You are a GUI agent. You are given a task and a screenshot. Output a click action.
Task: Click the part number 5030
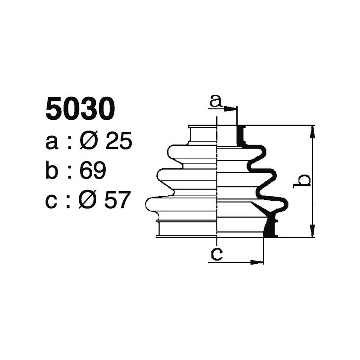pyautogui.click(x=80, y=110)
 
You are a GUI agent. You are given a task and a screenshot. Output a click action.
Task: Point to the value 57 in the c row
pyautogui.click(x=117, y=200)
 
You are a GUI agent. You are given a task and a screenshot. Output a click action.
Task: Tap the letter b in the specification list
pyautogui.click(x=52, y=171)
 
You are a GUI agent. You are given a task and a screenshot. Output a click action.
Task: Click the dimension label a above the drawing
pyautogui.click(x=216, y=102)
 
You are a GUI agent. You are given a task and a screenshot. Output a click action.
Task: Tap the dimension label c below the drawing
pyautogui.click(x=216, y=255)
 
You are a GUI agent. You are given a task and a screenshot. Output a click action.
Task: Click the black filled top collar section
pyautogui.click(x=241, y=136)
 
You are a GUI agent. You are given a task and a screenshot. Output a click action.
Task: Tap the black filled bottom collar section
pyautogui.click(x=271, y=227)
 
